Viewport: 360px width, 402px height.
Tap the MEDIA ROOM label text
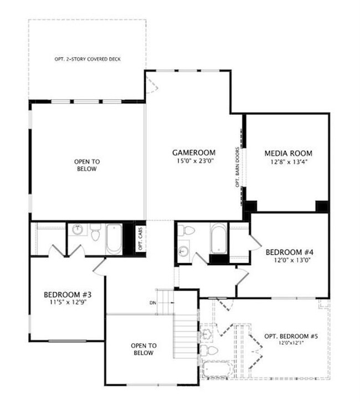288,153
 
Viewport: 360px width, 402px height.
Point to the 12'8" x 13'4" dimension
288,162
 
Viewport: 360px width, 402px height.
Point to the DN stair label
153,303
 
